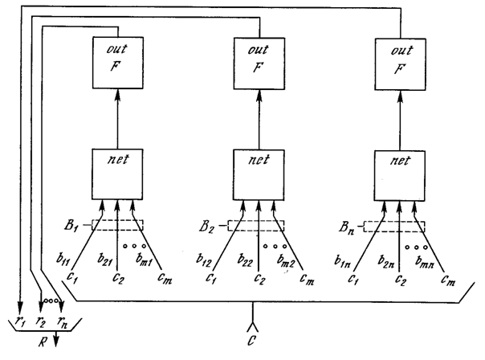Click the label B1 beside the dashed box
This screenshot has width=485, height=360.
(71, 225)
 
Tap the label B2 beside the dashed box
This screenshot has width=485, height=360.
(206, 227)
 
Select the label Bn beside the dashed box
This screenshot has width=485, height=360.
(346, 228)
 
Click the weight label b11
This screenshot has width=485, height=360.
(63, 259)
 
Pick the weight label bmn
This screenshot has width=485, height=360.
(425, 262)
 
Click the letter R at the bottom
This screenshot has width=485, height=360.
(43, 342)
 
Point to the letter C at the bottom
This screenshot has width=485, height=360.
(252, 341)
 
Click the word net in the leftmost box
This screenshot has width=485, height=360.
(118, 159)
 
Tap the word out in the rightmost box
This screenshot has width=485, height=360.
(401, 51)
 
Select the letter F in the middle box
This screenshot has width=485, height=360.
(258, 67)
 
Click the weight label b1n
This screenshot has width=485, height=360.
(342, 262)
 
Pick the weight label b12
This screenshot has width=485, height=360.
(204, 260)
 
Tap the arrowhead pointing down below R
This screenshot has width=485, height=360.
(56, 342)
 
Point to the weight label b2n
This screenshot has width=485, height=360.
(385, 262)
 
